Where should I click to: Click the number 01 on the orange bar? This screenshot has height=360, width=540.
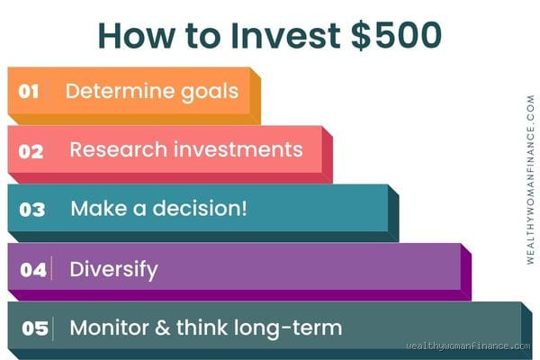tap(31, 92)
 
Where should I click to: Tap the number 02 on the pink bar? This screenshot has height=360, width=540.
tap(31, 150)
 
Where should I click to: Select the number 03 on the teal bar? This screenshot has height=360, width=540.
tap(31, 209)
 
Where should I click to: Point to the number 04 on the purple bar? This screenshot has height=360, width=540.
tap(33, 268)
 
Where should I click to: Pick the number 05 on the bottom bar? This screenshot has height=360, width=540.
tap(34, 328)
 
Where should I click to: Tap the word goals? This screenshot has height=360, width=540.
tap(209, 92)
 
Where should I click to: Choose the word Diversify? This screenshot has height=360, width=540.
tap(114, 268)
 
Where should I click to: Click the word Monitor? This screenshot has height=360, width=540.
tap(112, 328)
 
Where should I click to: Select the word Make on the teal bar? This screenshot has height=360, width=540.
tap(97, 208)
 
